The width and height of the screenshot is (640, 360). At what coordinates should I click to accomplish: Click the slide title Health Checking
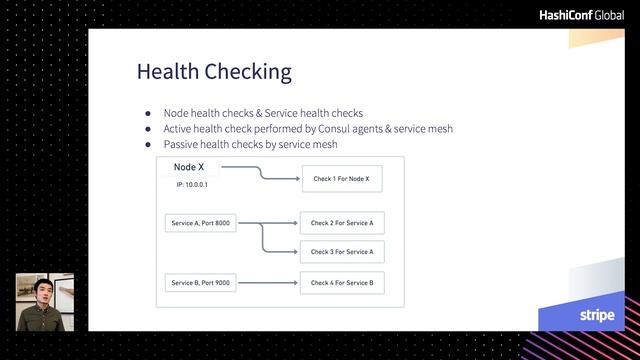pos(214,72)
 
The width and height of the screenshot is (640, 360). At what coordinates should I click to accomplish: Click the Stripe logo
pos(596,315)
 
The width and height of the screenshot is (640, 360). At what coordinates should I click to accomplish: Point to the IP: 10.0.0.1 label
pos(192,186)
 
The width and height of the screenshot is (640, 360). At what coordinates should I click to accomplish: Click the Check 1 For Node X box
pos(341,179)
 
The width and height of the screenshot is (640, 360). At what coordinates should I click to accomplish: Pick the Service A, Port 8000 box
pos(200,223)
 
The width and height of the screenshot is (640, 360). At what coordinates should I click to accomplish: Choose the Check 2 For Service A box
pos(341,223)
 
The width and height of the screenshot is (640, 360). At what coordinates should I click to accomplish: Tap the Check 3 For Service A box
pos(341,252)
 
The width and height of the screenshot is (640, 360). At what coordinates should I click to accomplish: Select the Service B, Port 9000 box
pos(200,283)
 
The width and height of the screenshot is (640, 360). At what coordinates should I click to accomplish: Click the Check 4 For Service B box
pos(341,283)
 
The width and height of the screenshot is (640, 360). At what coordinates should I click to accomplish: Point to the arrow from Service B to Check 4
pos(267,283)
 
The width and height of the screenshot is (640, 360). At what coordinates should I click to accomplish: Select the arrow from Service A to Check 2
pos(267,223)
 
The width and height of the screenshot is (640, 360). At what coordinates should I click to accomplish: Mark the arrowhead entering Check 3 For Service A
pos(295,252)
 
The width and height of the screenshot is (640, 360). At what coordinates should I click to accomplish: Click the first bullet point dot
pos(148,113)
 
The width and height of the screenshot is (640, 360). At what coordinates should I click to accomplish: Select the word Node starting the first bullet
pos(176,113)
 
